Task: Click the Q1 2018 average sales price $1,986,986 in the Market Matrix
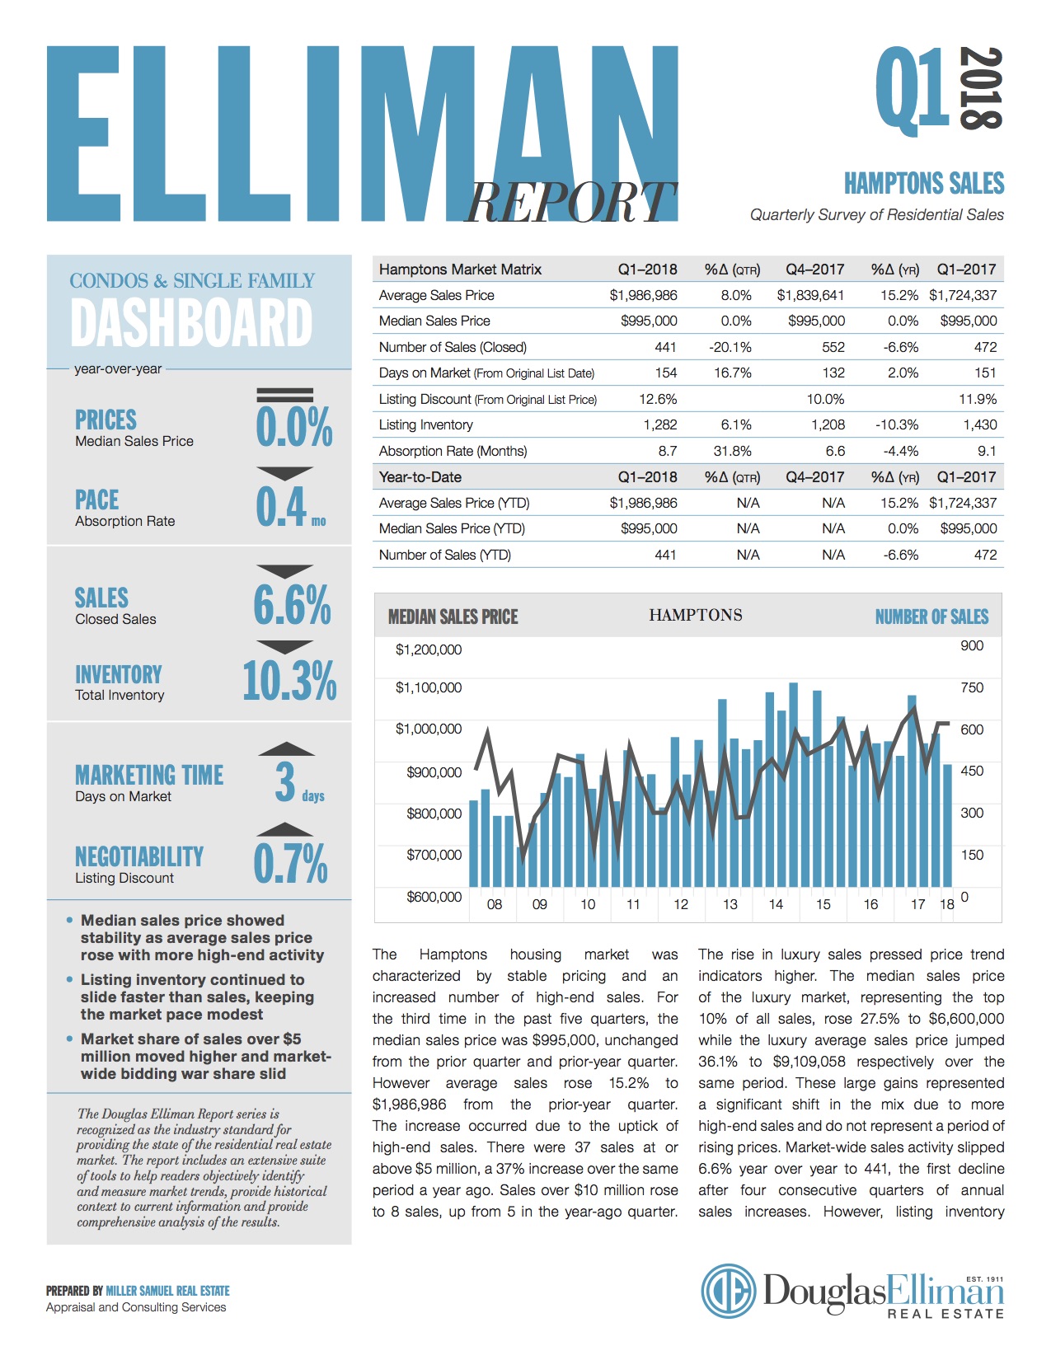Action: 643,295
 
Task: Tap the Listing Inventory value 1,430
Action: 979,424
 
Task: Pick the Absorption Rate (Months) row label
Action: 453,451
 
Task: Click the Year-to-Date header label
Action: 420,477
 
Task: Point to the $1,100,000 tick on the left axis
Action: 428,687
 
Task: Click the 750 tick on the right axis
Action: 972,687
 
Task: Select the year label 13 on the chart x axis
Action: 730,904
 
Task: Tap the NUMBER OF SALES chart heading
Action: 931,617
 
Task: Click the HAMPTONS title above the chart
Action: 696,615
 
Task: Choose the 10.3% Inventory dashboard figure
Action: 289,680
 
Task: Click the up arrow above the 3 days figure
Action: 286,748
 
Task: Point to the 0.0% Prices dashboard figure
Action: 293,426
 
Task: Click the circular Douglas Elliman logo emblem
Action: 728,1291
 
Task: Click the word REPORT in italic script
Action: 570,202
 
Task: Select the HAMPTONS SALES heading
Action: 924,183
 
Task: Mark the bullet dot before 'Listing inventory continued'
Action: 69,979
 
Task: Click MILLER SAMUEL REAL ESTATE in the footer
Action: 168,1291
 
